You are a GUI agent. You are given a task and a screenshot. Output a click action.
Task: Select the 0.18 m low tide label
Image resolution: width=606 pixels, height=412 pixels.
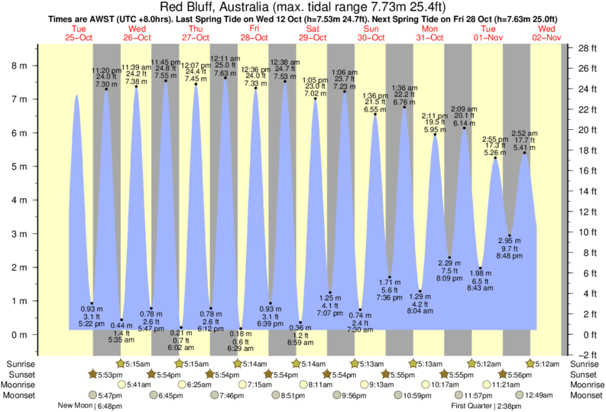[241, 334]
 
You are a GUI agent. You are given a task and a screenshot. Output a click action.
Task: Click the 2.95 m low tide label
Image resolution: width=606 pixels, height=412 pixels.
[510, 240]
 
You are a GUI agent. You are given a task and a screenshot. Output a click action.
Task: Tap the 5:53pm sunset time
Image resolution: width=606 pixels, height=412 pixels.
[106, 374]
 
